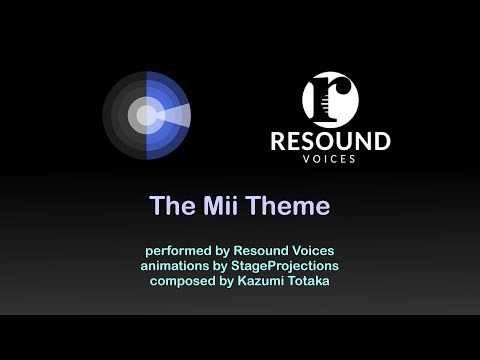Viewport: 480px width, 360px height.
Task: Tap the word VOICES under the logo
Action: pyautogui.click(x=330, y=159)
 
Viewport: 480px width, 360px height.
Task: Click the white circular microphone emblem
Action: pyautogui.click(x=330, y=99)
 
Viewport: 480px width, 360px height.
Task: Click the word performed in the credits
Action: pyautogui.click(x=176, y=249)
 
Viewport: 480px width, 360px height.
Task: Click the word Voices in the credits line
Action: pyautogui.click(x=314, y=249)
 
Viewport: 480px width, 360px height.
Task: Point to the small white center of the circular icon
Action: pyautogui.click(x=146, y=115)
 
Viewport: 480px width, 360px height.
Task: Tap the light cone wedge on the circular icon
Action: pyautogui.click(x=174, y=115)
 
